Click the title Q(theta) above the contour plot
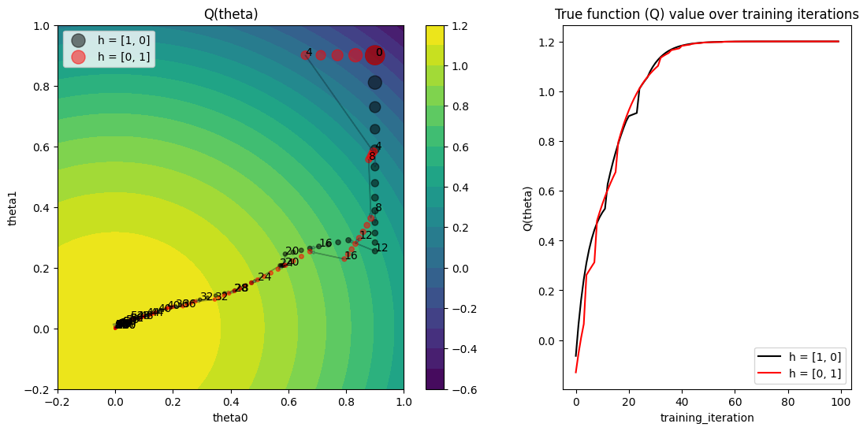pyautogui.click(x=230, y=14)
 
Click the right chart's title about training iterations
pyautogui.click(x=706, y=14)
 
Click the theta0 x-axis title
pyautogui.click(x=230, y=418)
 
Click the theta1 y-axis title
pyautogui.click(x=14, y=207)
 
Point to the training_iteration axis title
pyautogui.click(x=706, y=418)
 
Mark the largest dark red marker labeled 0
pyautogui.click(x=375, y=54)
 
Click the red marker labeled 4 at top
pyautogui.click(x=305, y=55)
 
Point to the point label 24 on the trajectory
pyautogui.click(x=264, y=277)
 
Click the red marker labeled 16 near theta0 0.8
pyautogui.click(x=344, y=258)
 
